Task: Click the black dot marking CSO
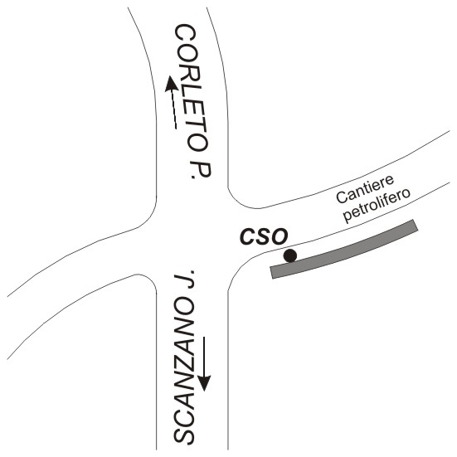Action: [290, 256]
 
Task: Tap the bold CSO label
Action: [264, 236]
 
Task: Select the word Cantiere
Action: [365, 189]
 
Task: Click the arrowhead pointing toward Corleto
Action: [171, 84]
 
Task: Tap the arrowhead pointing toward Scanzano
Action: [204, 382]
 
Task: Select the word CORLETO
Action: [192, 88]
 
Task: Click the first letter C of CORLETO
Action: [184, 34]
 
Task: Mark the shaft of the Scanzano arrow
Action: [204, 356]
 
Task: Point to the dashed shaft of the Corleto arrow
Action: [174, 109]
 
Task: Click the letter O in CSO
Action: [280, 236]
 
